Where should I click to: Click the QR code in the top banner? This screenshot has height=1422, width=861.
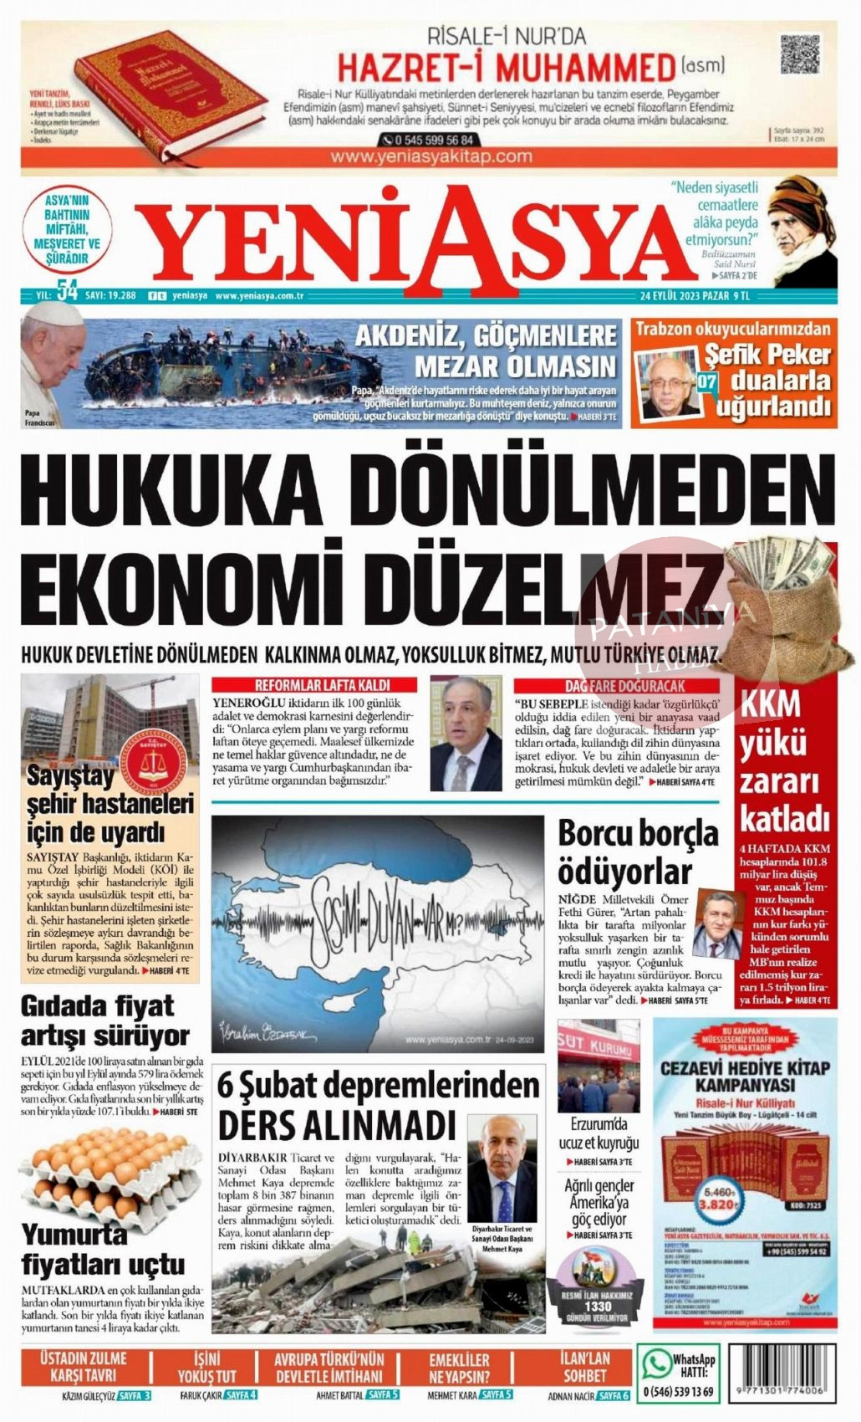click(x=797, y=56)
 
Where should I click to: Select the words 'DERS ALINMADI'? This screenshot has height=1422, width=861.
click(x=337, y=1123)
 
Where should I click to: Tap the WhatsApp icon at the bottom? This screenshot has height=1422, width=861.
click(x=655, y=1363)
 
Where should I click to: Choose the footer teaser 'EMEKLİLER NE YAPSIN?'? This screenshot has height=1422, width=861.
click(x=459, y=1367)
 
